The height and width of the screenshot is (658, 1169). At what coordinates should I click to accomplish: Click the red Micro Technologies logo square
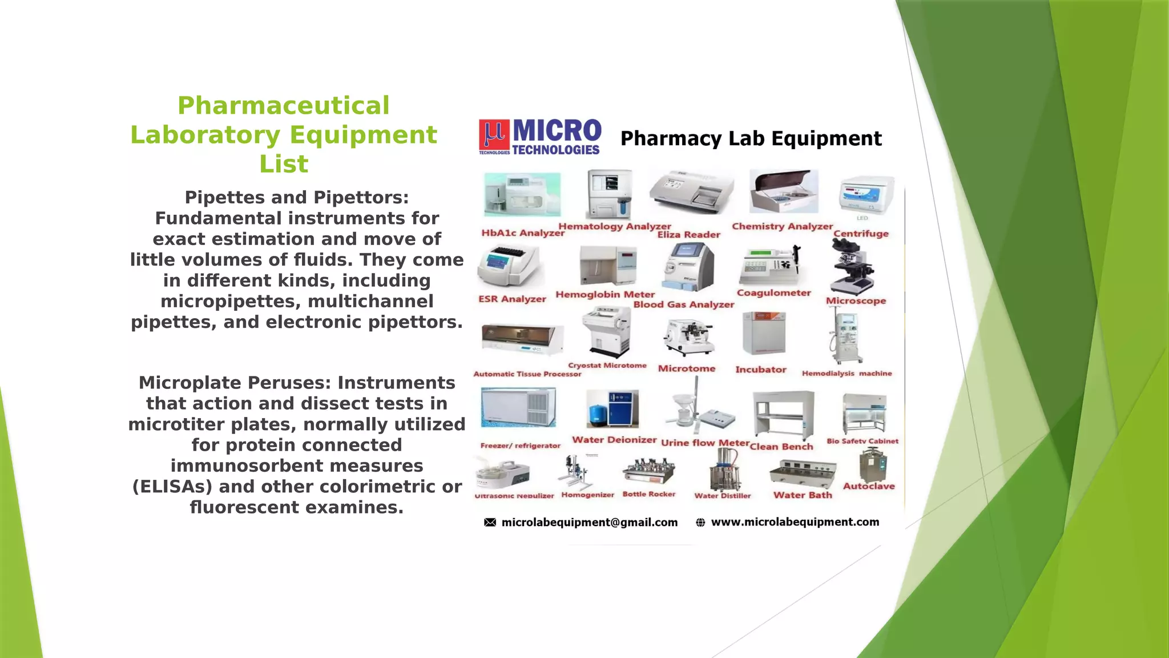pyautogui.click(x=494, y=136)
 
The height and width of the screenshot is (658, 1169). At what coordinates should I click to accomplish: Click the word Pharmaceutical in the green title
pyautogui.click(x=283, y=106)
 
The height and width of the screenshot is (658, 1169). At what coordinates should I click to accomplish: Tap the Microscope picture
pyautogui.click(x=852, y=267)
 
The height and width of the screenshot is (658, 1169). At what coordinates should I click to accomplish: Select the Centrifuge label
pyautogui.click(x=861, y=234)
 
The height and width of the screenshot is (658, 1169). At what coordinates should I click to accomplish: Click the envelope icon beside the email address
pyautogui.click(x=490, y=522)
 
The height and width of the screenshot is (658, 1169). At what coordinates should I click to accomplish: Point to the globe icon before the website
pyautogui.click(x=700, y=522)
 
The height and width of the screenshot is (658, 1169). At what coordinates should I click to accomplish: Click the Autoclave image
pyautogui.click(x=873, y=465)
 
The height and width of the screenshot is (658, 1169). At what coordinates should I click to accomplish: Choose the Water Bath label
pyautogui.click(x=803, y=495)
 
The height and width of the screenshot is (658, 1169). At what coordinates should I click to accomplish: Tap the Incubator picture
pyautogui.click(x=764, y=334)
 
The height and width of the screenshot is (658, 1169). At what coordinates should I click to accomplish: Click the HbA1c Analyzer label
pyautogui.click(x=522, y=233)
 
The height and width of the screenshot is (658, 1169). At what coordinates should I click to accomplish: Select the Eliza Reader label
pyautogui.click(x=688, y=235)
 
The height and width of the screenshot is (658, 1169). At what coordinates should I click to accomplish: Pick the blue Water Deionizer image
pyautogui.click(x=612, y=409)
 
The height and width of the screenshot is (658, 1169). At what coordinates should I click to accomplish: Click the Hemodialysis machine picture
pyautogui.click(x=845, y=337)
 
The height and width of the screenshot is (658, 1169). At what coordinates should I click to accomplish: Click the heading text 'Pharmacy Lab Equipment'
pyautogui.click(x=751, y=139)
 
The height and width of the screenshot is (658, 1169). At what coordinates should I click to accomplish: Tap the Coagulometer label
pyautogui.click(x=773, y=293)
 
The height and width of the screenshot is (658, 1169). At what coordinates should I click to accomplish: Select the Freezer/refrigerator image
pyautogui.click(x=518, y=408)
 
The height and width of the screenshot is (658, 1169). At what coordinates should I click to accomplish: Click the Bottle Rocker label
pyautogui.click(x=648, y=494)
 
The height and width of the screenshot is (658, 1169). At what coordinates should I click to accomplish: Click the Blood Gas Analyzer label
pyautogui.click(x=683, y=305)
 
